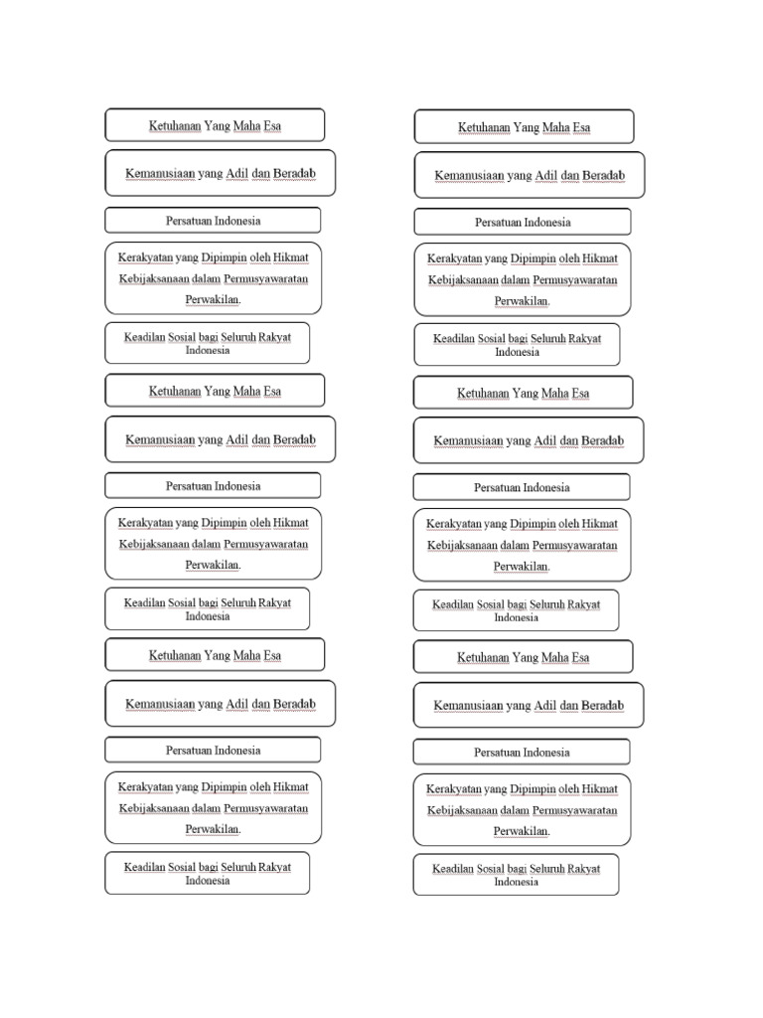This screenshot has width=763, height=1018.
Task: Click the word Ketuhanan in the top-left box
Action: pyautogui.click(x=175, y=126)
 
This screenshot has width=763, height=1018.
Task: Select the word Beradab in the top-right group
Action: pyautogui.click(x=603, y=176)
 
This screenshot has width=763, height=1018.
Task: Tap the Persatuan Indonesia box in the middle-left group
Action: pyautogui.click(x=213, y=486)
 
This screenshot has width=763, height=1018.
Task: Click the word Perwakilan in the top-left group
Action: pyautogui.click(x=214, y=299)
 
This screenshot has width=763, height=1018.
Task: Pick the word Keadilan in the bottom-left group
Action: pyautogui.click(x=144, y=867)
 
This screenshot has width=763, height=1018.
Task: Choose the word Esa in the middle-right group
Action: pyautogui.click(x=579, y=394)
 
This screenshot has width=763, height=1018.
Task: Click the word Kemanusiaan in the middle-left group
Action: pyautogui.click(x=159, y=439)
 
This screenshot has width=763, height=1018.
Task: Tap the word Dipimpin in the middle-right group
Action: pyautogui.click(x=532, y=524)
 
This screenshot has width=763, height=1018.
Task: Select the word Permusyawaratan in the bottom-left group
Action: pyautogui.click(x=266, y=808)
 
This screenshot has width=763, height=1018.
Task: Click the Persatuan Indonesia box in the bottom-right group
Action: pyautogui.click(x=522, y=753)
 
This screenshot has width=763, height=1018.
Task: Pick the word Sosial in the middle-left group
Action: pyautogui.click(x=182, y=603)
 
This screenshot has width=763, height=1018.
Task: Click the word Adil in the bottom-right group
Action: pyautogui.click(x=545, y=706)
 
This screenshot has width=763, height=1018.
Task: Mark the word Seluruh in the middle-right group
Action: pyautogui.click(x=546, y=604)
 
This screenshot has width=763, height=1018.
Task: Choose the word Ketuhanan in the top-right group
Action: pyautogui.click(x=483, y=128)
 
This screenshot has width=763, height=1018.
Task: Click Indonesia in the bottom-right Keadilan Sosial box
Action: pyautogui.click(x=517, y=882)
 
